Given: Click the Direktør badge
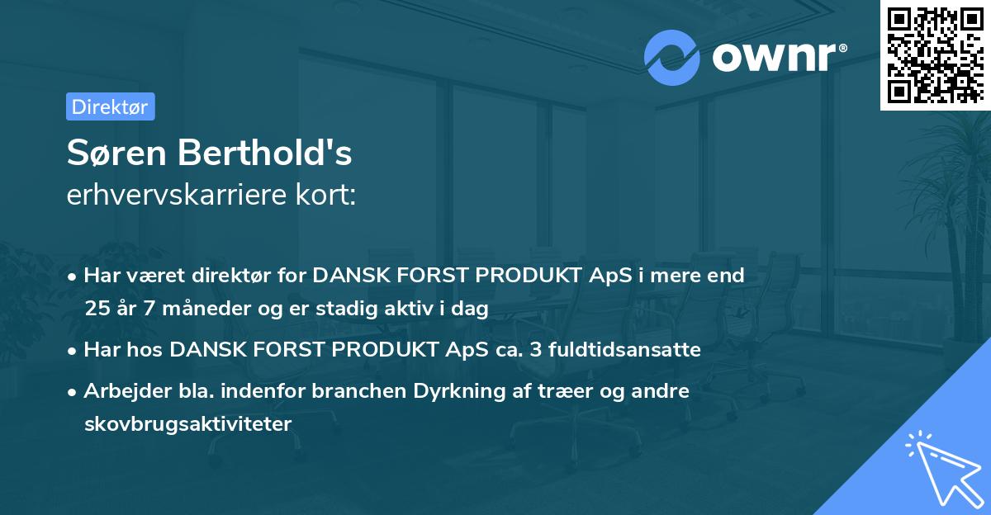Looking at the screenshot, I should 110,106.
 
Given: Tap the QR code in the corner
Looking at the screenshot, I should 935,55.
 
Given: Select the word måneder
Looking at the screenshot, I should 198,309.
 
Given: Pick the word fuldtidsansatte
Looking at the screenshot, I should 619,350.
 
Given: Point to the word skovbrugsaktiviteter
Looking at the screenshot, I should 188,424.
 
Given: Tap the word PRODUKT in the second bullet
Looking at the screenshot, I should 372,350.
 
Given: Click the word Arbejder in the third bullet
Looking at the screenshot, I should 121,391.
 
